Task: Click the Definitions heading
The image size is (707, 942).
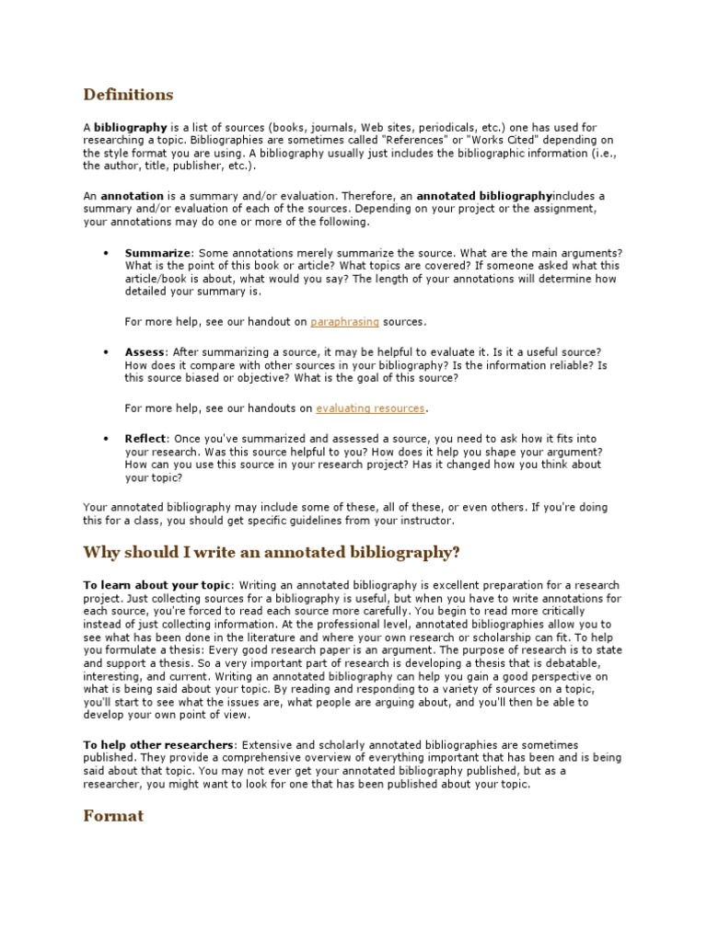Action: (128, 95)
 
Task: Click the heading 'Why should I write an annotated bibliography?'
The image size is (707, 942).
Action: (271, 552)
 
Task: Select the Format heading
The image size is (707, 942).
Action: (113, 815)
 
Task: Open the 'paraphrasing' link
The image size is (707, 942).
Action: (344, 322)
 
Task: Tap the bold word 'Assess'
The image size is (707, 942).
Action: (145, 352)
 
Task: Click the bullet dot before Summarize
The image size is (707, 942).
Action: (107, 252)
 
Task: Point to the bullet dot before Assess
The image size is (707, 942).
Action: (107, 352)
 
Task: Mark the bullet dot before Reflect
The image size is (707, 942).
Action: (107, 439)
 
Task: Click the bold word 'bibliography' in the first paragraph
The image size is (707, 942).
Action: (131, 126)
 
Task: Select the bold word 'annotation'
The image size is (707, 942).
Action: (132, 196)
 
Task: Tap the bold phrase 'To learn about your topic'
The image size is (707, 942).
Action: (157, 586)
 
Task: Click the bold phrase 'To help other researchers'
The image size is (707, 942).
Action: (158, 743)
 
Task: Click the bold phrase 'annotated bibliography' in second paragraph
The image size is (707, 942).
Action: (484, 196)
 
